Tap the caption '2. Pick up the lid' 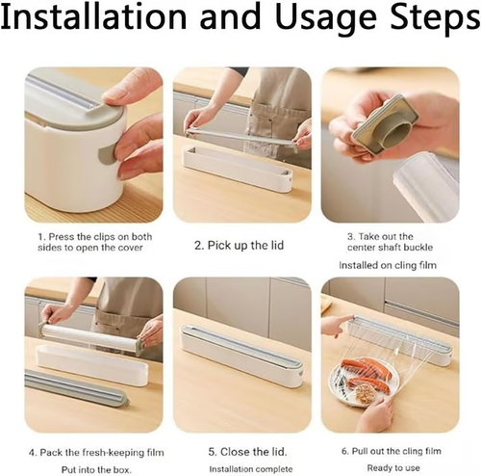click(241, 245)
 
